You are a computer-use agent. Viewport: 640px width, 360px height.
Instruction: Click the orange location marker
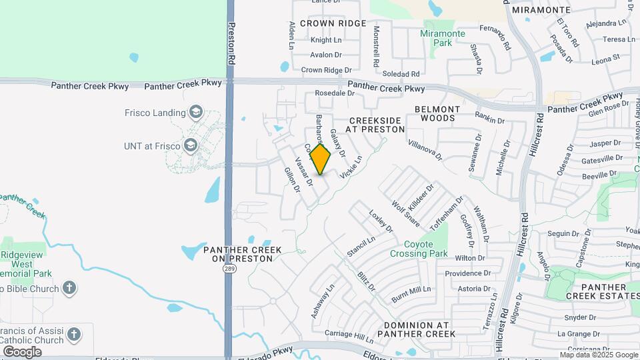321,159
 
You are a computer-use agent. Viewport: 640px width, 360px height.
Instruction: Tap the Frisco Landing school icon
195,112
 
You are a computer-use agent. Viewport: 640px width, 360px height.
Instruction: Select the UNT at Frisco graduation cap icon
190,145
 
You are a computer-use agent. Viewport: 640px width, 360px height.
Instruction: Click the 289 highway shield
229,269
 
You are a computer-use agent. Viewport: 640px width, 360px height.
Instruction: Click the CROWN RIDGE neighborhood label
333,23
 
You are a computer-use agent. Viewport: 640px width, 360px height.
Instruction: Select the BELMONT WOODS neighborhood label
437,113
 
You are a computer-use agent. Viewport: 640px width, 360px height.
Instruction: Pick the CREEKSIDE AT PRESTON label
376,125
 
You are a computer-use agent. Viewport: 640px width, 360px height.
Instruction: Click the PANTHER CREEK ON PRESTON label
242,254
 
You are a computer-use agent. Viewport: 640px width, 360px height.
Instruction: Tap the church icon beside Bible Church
69,288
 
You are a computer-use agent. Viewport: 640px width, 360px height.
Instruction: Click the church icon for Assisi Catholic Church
73,334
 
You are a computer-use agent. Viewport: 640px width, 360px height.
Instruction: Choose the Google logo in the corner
22,351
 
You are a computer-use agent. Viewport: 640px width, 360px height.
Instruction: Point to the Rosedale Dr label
334,93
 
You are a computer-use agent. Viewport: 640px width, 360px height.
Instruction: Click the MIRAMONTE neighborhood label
541,10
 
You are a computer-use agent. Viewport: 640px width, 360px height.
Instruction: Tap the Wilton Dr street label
470,258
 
